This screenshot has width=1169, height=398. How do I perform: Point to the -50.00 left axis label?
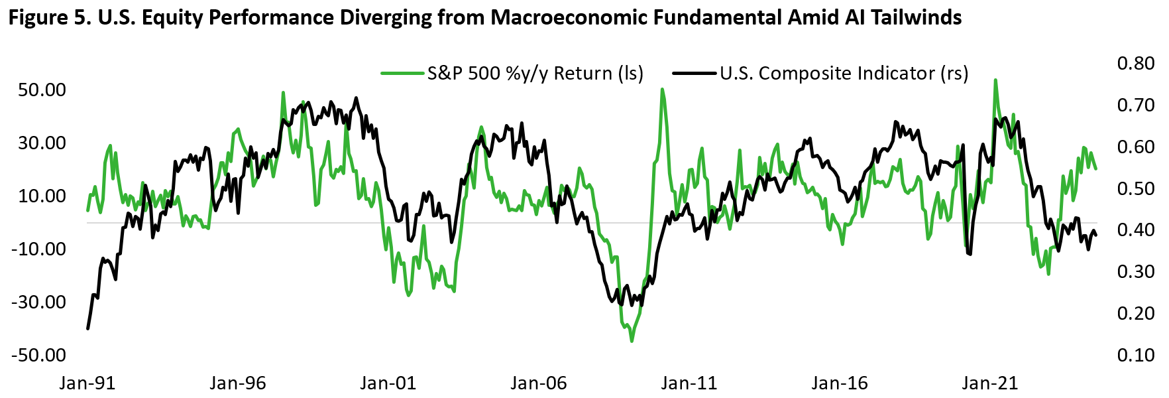click(x=39, y=355)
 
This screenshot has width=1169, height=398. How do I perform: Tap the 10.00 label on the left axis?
click(x=42, y=196)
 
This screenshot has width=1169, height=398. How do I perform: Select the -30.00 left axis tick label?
click(x=39, y=302)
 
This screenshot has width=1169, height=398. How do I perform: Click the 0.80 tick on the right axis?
click(x=1136, y=63)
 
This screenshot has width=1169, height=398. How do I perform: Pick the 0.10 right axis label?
click(x=1136, y=355)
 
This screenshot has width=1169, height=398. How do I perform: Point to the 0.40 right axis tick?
click(x=1136, y=230)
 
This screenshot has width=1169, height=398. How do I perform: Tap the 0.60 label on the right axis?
click(x=1136, y=147)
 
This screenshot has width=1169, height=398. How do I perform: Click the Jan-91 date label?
click(x=87, y=383)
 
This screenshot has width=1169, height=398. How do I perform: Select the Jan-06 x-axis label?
click(x=539, y=383)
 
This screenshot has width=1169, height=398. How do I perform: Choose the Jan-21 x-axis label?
click(x=989, y=383)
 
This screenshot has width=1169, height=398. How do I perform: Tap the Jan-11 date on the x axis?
click(x=689, y=383)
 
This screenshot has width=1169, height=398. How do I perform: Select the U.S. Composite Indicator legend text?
click(x=844, y=73)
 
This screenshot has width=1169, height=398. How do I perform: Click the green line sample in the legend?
click(x=402, y=73)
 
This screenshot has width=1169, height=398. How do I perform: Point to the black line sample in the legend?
click(x=695, y=73)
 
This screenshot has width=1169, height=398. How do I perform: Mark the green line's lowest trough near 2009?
click(x=632, y=341)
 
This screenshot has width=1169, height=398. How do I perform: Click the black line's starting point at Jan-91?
click(x=87, y=328)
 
